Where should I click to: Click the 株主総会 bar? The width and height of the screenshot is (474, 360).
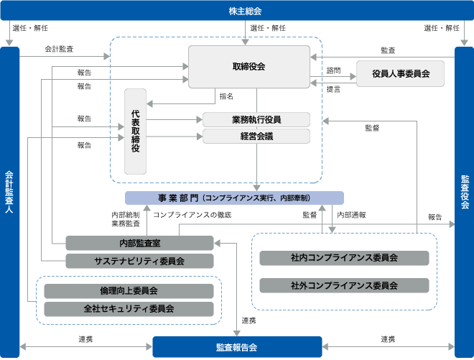[x=237, y=11]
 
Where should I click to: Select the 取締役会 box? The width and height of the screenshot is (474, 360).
[x=249, y=67]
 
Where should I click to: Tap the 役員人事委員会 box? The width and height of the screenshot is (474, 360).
[x=400, y=73]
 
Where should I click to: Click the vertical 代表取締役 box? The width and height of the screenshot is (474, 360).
[x=136, y=131]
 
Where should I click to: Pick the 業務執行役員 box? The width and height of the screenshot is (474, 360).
[x=256, y=120]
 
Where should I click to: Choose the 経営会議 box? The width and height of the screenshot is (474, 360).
[x=256, y=136]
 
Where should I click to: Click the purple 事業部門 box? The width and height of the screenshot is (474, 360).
[x=234, y=198]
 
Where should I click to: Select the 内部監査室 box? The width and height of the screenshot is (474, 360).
[x=139, y=243]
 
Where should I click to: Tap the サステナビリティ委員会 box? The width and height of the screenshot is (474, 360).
[x=139, y=261]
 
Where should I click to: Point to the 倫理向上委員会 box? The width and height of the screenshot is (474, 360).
[x=129, y=291]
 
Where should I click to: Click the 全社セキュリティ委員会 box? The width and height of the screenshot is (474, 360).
[x=129, y=309]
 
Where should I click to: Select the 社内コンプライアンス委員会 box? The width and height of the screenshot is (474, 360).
[x=344, y=258]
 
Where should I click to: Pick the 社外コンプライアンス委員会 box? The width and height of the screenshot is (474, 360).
[x=344, y=285]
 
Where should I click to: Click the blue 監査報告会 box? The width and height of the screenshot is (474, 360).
[x=237, y=347]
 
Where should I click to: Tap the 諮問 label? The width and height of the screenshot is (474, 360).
[x=333, y=70]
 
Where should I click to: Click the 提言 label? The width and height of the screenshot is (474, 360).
[x=333, y=89]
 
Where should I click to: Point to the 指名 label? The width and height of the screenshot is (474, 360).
[x=226, y=96]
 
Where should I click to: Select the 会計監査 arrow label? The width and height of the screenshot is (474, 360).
[x=59, y=49]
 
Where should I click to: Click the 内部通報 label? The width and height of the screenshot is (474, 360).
[x=351, y=215]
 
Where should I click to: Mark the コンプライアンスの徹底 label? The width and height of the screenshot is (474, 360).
[x=192, y=215]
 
